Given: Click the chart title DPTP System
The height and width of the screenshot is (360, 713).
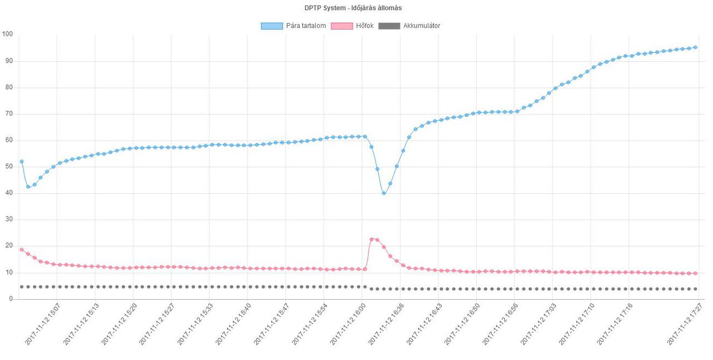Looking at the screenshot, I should pos(353,8).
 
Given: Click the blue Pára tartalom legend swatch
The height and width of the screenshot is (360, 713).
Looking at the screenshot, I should pos(271,26).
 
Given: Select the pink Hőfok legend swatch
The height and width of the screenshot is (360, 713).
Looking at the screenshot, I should pos(341,26).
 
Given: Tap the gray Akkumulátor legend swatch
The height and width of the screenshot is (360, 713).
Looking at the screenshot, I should pos(389,26).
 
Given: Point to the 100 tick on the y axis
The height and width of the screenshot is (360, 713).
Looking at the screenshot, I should pos(7,35).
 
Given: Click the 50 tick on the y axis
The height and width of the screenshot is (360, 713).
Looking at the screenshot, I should pos(9,167).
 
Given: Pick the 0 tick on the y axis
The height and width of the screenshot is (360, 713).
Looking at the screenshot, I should pos(11,299).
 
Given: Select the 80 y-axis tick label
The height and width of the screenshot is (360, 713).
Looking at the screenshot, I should pos(9,87).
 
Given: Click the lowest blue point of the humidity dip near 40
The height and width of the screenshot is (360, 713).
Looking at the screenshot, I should pos(384,193).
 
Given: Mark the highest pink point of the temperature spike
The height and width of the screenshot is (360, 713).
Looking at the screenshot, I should pos(372,239).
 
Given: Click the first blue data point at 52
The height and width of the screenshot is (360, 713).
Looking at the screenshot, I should pos(22,162).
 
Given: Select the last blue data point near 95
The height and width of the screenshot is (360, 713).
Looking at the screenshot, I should pos(695,47).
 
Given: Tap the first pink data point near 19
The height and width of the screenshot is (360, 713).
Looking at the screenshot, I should pos(22,250).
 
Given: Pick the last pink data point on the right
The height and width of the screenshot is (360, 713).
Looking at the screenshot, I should pos(695,273).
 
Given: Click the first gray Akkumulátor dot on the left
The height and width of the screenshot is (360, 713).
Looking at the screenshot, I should pos(22,286).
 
